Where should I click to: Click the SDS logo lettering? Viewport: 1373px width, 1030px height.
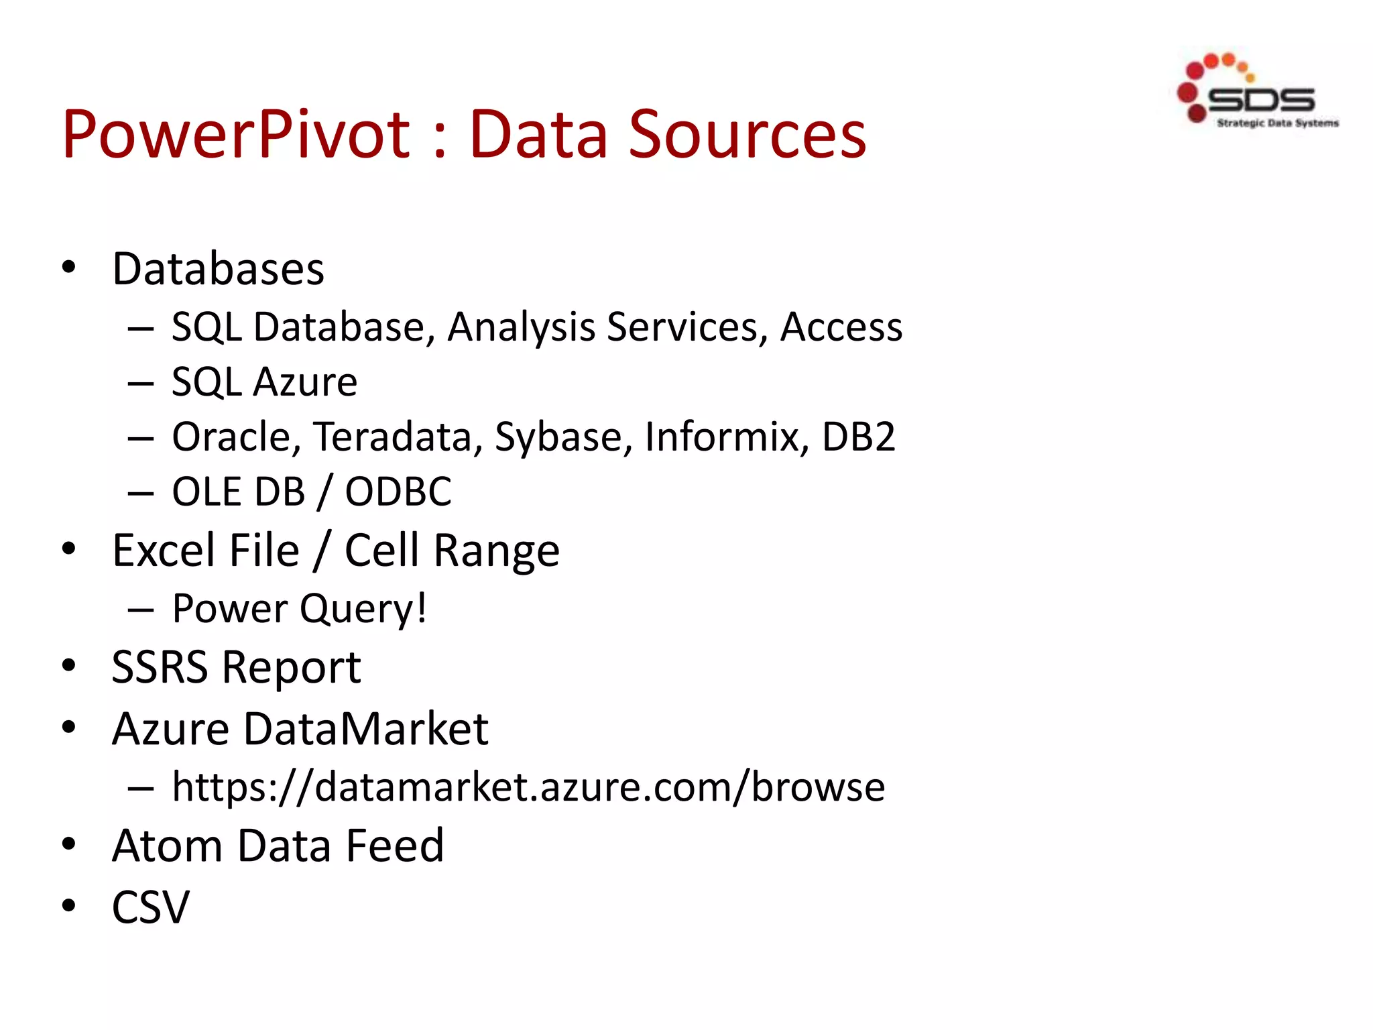(1260, 100)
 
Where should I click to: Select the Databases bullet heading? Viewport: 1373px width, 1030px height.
(219, 269)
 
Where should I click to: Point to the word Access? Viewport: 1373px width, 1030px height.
(841, 327)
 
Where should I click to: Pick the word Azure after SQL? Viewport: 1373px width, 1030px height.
(305, 382)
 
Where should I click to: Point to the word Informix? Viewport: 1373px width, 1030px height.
(727, 437)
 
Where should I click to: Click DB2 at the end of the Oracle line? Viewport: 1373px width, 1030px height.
(858, 437)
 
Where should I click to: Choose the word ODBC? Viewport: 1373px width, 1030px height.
(398, 492)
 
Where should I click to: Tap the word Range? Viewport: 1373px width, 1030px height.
(496, 551)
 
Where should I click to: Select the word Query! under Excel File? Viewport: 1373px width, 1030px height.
(363, 609)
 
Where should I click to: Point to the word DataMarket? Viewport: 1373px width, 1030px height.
(366, 729)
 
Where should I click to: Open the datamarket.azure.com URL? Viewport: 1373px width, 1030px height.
(528, 787)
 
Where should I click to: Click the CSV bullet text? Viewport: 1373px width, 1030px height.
(151, 907)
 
